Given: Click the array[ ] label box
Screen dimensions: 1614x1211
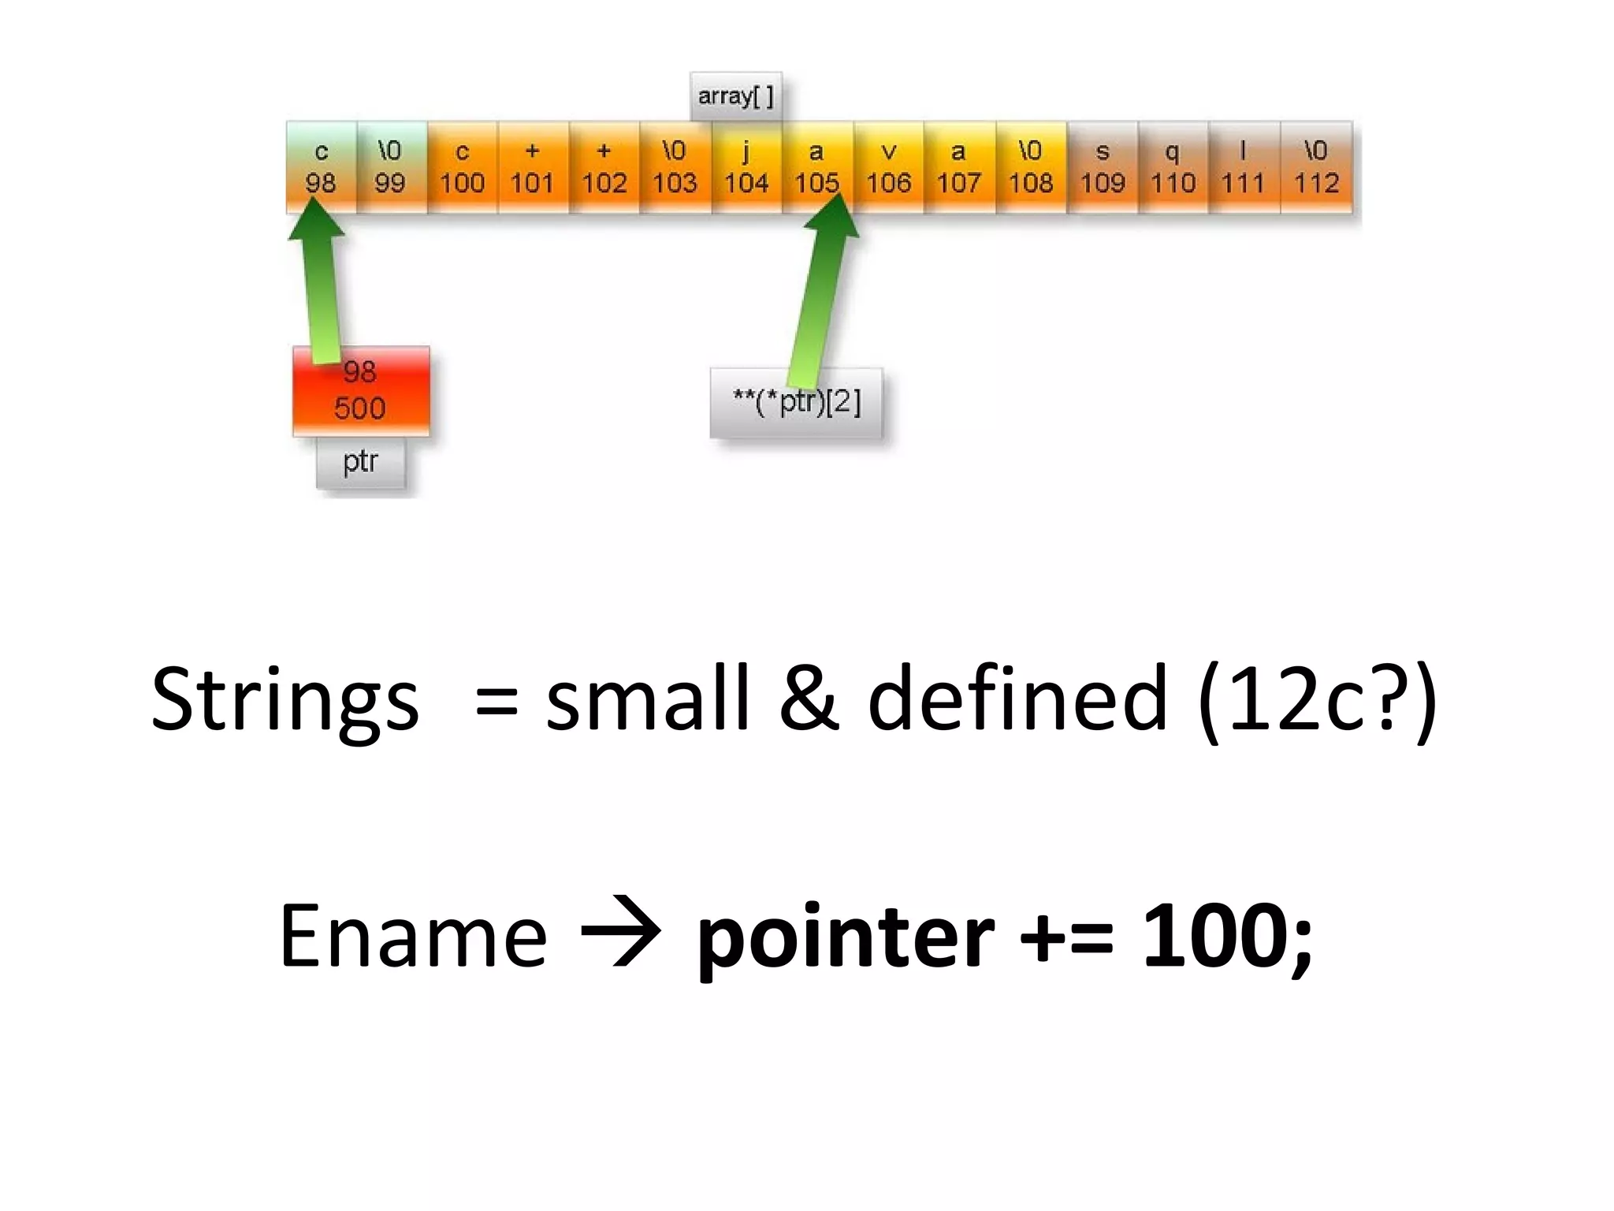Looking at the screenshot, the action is click(736, 97).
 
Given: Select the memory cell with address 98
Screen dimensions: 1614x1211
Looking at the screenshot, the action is click(321, 167).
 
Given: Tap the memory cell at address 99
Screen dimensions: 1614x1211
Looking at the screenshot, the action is click(391, 167).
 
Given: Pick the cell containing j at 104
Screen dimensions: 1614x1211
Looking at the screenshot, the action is click(746, 167).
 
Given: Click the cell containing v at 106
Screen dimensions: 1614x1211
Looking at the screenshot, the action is click(888, 167).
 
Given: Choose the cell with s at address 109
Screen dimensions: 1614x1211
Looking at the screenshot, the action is click(1103, 167).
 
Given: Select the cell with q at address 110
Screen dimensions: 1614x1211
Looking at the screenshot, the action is click(1173, 167).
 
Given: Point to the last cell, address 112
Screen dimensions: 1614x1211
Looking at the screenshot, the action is click(1317, 167).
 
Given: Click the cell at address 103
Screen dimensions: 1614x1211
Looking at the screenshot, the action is click(675, 167).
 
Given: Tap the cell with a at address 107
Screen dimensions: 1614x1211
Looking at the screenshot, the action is click(959, 167).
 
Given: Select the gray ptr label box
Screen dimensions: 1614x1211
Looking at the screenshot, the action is click(361, 463).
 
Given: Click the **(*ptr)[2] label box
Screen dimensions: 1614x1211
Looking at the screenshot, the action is click(797, 404).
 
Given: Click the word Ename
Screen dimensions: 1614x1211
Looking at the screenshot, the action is click(413, 936).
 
